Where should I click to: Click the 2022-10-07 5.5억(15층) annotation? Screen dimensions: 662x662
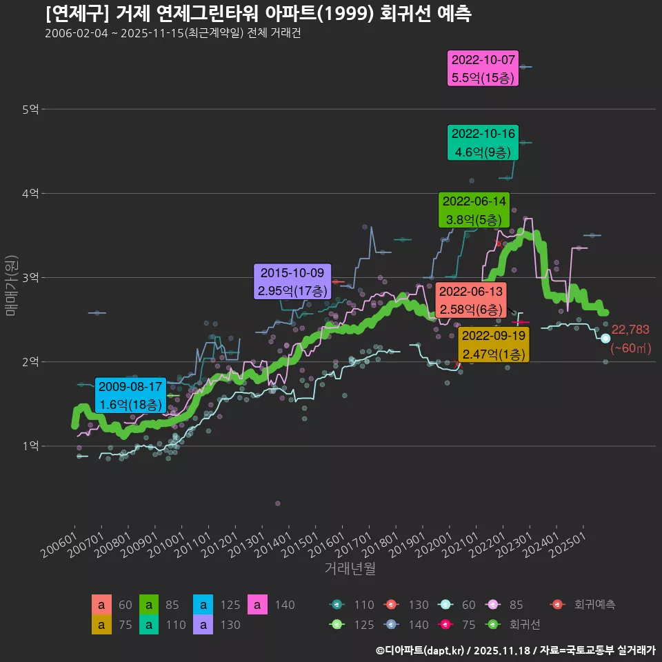[483, 68]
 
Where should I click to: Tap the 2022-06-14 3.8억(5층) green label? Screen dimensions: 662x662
[474, 210]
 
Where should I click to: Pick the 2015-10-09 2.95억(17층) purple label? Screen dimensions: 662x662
[292, 281]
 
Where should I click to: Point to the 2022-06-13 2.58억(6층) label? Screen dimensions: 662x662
[471, 300]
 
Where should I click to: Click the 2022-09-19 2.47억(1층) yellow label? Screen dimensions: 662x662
[494, 345]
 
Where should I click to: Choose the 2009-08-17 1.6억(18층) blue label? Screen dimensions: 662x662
[130, 394]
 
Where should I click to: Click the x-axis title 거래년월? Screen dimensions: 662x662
[350, 569]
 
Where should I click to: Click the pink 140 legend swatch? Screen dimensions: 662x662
[257, 605]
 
